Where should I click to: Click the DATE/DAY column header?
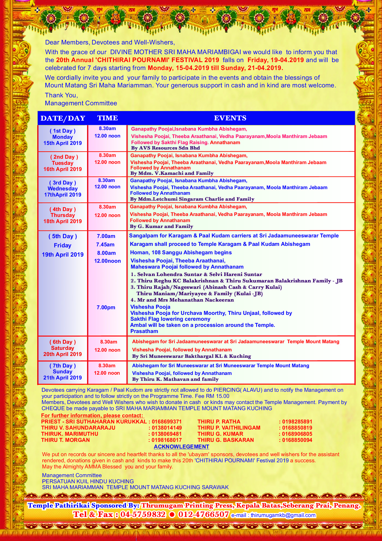63,118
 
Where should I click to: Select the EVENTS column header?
230,118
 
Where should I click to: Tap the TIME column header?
107,118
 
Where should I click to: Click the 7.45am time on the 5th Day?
105,245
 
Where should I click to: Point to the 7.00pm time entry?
106,307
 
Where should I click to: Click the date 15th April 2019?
63,143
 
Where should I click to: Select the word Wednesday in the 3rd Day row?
63,189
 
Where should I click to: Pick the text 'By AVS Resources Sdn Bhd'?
165,148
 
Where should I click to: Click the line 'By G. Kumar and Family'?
161,226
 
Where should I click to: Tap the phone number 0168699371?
167,422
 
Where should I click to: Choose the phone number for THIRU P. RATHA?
297,422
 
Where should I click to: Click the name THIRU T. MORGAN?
65,440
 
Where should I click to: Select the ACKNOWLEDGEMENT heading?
181,447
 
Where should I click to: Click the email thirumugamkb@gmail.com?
283,515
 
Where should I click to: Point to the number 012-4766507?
203,514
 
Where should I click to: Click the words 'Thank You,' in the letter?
61,95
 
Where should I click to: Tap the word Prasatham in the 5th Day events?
144,331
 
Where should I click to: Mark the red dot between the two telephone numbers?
172,514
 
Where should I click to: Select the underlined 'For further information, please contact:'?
92,416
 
